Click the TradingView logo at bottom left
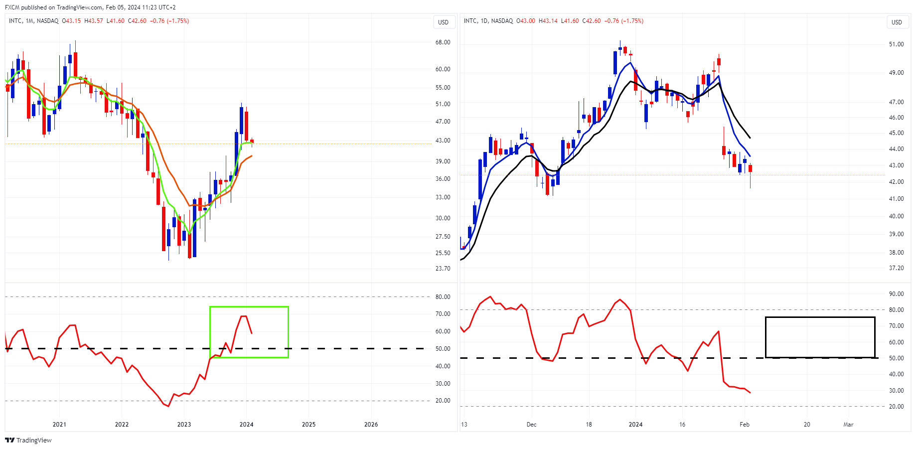(x=28, y=440)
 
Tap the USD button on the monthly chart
(x=443, y=22)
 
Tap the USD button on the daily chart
(x=897, y=22)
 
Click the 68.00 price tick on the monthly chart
(x=443, y=42)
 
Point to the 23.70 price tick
(x=443, y=269)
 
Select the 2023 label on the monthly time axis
(x=184, y=425)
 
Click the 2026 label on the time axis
(x=371, y=425)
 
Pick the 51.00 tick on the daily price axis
(x=896, y=44)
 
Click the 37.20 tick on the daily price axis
(x=896, y=268)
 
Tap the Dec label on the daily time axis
(x=531, y=425)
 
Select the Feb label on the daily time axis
(x=744, y=425)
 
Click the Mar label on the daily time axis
(x=848, y=425)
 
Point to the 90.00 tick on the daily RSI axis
(x=896, y=294)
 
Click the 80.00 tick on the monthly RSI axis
(x=443, y=297)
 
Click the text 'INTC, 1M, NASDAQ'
(x=33, y=21)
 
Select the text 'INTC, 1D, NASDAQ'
(x=488, y=21)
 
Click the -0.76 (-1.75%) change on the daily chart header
(x=623, y=21)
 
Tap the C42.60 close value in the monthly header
(x=137, y=21)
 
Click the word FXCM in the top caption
(x=12, y=7)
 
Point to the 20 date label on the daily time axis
(x=806, y=425)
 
